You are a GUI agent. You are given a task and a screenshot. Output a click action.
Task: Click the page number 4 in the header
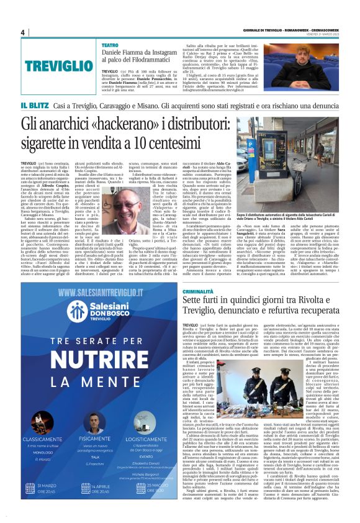tap(22, 33)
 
